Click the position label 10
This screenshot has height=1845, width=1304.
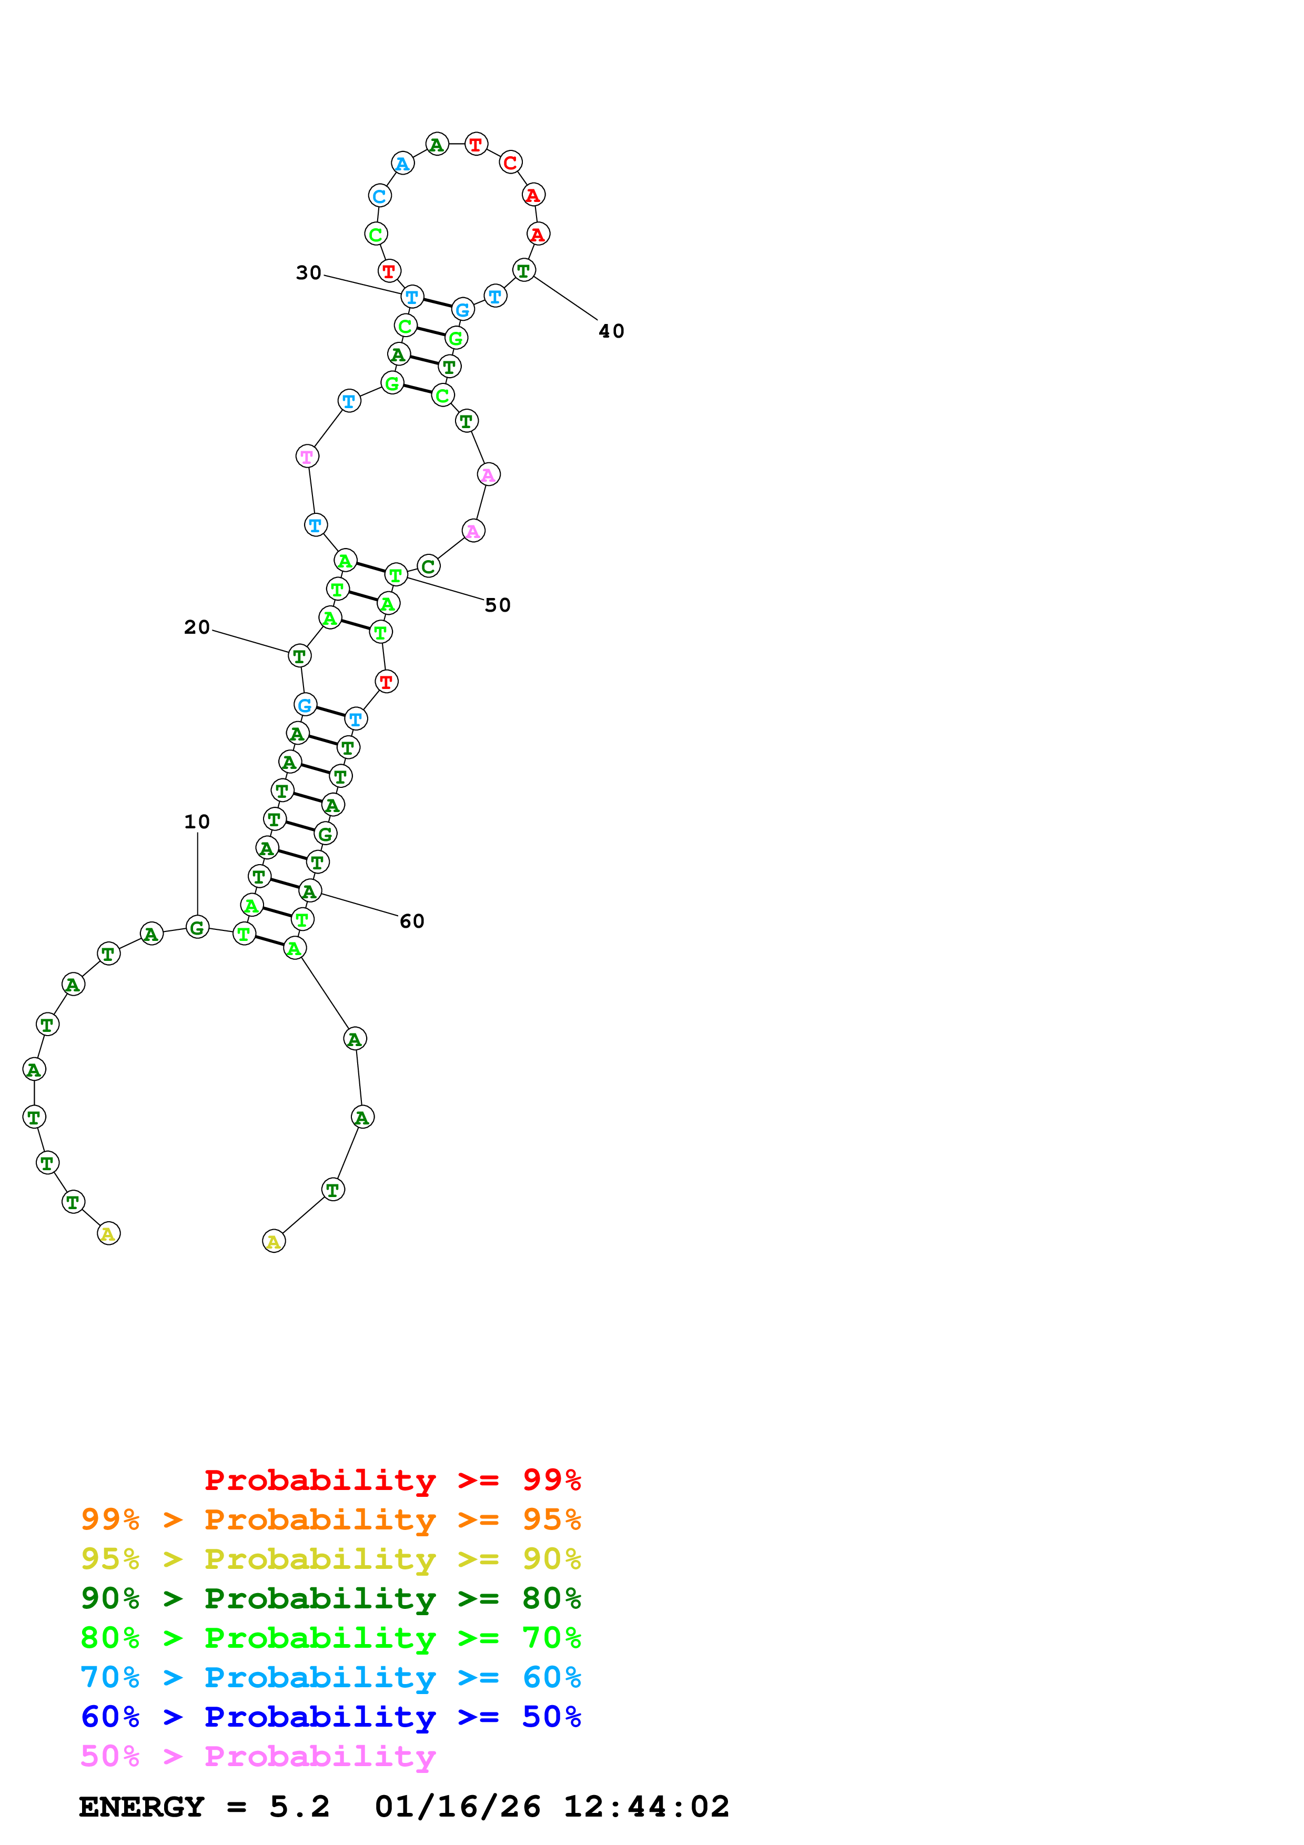tap(197, 822)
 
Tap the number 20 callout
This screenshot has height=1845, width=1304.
tap(197, 627)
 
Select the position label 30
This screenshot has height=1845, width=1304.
tap(309, 273)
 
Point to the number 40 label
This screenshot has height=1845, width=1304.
tap(611, 331)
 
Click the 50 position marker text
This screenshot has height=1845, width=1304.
tap(497, 605)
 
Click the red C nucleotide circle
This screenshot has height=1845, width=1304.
tap(510, 163)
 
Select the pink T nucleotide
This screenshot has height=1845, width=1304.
tap(307, 457)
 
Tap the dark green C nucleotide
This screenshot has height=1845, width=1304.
tap(428, 566)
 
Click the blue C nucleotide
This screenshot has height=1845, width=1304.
tap(379, 195)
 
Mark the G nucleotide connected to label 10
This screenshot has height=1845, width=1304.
tap(197, 927)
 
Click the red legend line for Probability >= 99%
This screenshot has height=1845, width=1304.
tap(392, 1480)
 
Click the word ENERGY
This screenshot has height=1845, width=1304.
tap(141, 1807)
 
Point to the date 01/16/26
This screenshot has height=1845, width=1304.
tap(457, 1807)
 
